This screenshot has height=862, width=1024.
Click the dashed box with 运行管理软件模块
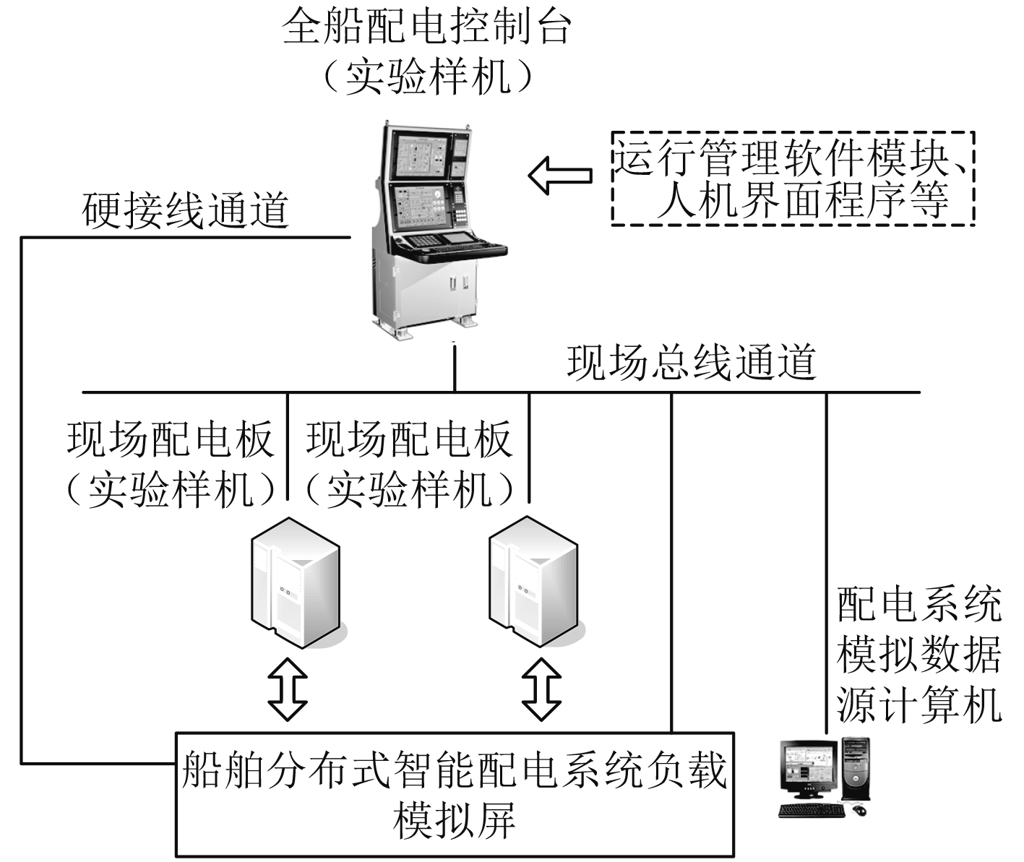pos(793,178)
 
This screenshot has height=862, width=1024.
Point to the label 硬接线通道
pos(186,210)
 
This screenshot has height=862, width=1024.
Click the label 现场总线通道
pos(692,362)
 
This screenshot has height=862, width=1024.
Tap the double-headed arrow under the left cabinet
pos(287,687)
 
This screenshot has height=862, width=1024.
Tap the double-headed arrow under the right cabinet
pos(541,687)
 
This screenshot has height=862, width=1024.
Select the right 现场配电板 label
pos(409,439)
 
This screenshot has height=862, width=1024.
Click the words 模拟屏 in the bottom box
pos(454,821)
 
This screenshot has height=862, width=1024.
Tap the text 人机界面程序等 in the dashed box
pos(802,200)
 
